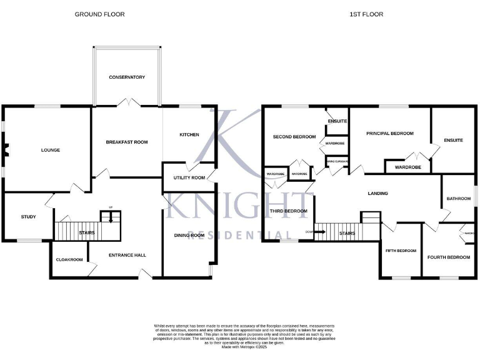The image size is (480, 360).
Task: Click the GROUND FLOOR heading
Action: coord(99,14)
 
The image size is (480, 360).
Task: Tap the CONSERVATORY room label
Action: coord(127,77)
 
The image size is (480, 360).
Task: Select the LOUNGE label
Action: coord(51,150)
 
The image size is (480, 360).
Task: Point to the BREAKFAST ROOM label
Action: coord(127,142)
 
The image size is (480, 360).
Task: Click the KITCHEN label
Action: coord(189,135)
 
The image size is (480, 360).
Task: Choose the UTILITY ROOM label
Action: coord(189,178)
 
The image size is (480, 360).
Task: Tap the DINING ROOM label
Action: coord(189,235)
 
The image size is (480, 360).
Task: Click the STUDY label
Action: coord(29,217)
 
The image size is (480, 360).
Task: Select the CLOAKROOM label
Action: coord(69,259)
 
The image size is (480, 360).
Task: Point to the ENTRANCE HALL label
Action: coord(127,255)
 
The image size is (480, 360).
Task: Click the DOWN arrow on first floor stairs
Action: coord(319,232)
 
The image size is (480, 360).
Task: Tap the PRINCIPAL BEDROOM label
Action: coord(390,133)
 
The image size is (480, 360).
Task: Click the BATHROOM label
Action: coord(458,199)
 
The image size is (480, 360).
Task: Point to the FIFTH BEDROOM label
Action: coord(401,251)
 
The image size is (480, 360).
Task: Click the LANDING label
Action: coord(378,194)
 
